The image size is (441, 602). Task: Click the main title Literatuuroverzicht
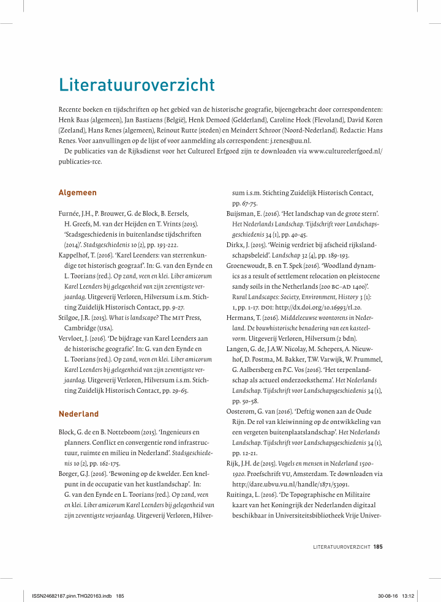[137, 84]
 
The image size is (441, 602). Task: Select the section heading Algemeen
[77, 193]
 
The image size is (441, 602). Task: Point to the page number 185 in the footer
[378, 546]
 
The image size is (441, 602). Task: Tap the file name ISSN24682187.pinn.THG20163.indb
[67, 595]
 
